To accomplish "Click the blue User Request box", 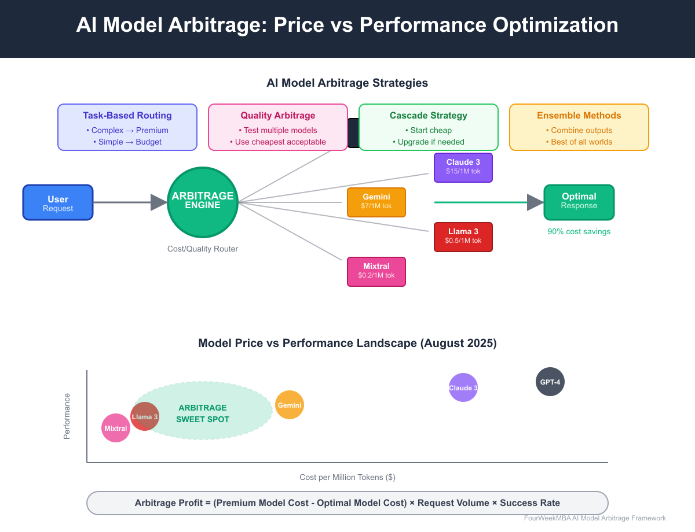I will click(x=58, y=202).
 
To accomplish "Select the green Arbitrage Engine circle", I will click(x=203, y=202).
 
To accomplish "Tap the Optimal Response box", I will click(x=579, y=202).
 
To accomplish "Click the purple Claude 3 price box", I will click(x=463, y=167).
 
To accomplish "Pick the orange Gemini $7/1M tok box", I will click(x=376, y=202).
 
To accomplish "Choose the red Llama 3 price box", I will click(x=463, y=237).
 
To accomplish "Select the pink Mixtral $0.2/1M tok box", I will click(x=376, y=272).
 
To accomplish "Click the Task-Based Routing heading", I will click(x=127, y=116).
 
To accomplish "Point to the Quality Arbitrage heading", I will click(x=278, y=116).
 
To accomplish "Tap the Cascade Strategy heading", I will click(x=429, y=116).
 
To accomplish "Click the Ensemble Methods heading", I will click(x=579, y=116).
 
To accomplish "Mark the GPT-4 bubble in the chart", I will click(x=550, y=382).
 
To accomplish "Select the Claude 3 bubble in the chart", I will click(x=463, y=387).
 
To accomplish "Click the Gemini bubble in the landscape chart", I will click(x=290, y=405).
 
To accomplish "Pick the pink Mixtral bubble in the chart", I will click(x=115, y=428).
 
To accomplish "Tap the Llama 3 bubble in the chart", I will click(x=144, y=416).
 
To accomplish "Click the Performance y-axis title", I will click(x=67, y=416).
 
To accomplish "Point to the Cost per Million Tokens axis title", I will click(x=348, y=477).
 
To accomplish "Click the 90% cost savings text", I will click(x=579, y=231).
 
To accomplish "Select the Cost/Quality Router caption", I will click(x=203, y=249).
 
